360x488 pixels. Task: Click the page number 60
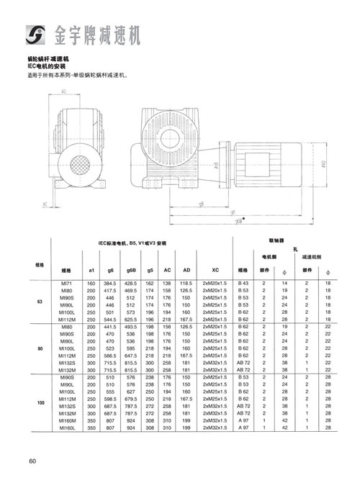pos(32,461)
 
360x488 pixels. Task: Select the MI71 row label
pos(68,285)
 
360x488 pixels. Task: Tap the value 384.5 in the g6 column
pos(110,285)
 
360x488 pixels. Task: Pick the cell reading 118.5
pos(186,285)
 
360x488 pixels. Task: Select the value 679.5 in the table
pos(131,397)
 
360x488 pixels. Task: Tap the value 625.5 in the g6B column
pos(131,319)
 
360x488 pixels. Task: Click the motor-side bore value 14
pos(284,285)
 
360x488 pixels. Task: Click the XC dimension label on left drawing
pos(45,204)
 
